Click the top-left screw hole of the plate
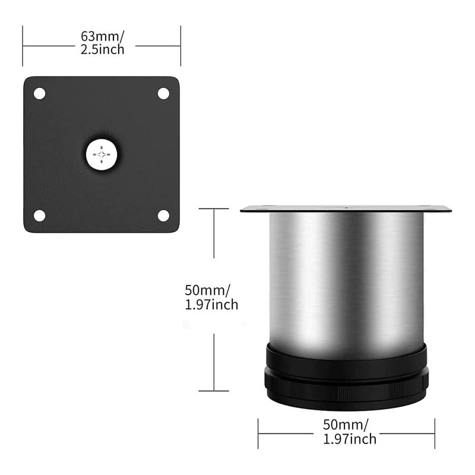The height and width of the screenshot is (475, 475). tap(39, 93)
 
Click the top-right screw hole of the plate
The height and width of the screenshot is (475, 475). tap(163, 93)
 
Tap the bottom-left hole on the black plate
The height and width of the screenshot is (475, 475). tap(39, 215)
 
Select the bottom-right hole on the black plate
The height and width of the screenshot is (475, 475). tap(163, 215)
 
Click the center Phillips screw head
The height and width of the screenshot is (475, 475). tap(103, 155)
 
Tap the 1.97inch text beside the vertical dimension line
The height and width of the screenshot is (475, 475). tap(212, 305)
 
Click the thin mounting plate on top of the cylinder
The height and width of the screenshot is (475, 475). tap(346, 209)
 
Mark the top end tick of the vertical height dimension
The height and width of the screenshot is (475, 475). tap(213, 208)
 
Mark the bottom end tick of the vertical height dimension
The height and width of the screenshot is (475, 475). tap(213, 391)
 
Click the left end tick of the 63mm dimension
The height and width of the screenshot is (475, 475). tap(23, 46)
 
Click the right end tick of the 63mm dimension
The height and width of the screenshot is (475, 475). tap(180, 46)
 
